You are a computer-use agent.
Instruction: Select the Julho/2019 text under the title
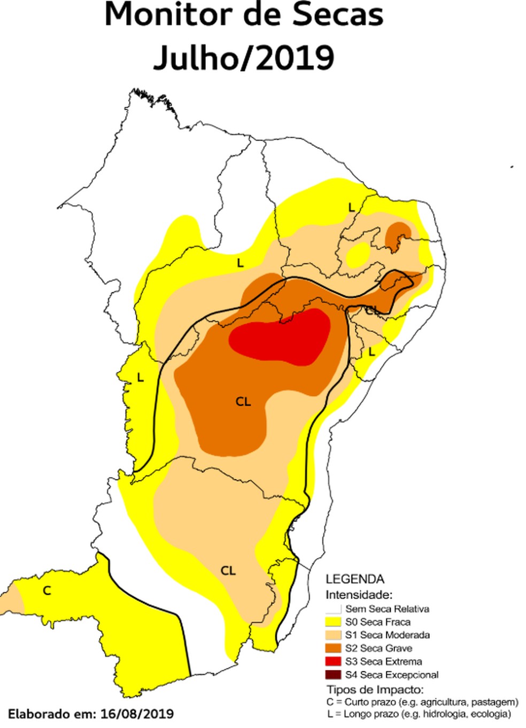[244, 58]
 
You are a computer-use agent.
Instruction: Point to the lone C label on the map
[47, 590]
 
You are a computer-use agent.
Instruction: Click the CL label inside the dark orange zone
[243, 402]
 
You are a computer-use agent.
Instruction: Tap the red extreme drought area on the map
[281, 338]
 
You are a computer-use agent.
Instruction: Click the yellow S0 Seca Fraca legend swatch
[334, 622]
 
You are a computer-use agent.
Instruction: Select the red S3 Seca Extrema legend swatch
[334, 661]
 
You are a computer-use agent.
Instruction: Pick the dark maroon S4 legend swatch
[334, 675]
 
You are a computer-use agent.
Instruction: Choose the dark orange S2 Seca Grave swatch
[334, 648]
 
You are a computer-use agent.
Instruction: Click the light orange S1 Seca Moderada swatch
[334, 635]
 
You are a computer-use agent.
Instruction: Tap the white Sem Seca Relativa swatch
[334, 609]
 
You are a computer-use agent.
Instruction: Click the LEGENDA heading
[355, 580]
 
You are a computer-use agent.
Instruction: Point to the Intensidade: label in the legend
[359, 594]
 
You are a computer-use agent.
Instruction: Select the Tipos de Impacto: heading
[375, 690]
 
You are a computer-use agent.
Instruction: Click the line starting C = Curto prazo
[422, 702]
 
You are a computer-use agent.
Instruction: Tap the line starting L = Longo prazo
[419, 714]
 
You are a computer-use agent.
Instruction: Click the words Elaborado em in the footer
[50, 714]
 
